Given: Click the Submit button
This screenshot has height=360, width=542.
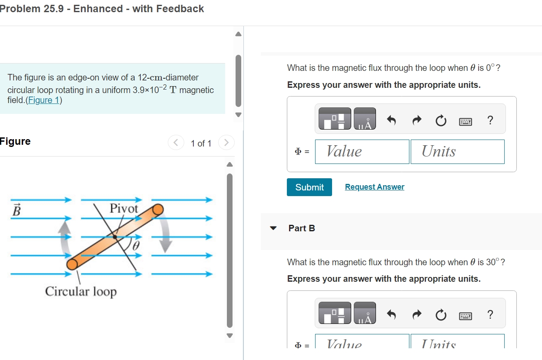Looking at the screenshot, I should pyautogui.click(x=309, y=187).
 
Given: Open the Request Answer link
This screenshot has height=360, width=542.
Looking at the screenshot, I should pyautogui.click(x=374, y=187).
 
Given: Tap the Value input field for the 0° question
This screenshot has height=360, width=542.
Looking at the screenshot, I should pyautogui.click(x=362, y=151).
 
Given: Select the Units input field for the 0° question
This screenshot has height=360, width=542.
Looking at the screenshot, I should pyautogui.click(x=457, y=151).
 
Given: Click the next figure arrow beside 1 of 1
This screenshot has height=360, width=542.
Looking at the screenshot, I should pyautogui.click(x=226, y=143).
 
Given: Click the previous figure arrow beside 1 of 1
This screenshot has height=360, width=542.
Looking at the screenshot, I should pyautogui.click(x=176, y=143).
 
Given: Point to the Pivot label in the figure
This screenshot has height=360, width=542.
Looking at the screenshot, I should pyautogui.click(x=123, y=208).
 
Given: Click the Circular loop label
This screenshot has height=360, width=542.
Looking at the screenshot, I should pyautogui.click(x=81, y=291).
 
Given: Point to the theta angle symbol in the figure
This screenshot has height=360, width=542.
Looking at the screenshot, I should pyautogui.click(x=136, y=246).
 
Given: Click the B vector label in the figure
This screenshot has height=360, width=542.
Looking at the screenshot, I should pyautogui.click(x=16, y=210).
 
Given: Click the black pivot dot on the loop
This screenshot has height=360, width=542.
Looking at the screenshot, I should pyautogui.click(x=115, y=237).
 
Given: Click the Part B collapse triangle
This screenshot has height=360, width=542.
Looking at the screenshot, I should pyautogui.click(x=273, y=228).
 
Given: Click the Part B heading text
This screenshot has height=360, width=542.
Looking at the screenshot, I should pyautogui.click(x=302, y=228).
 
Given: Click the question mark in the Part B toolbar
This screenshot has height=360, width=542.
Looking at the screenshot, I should pyautogui.click(x=490, y=314).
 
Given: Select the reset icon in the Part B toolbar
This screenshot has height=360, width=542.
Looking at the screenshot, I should pyautogui.click(x=441, y=315).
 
